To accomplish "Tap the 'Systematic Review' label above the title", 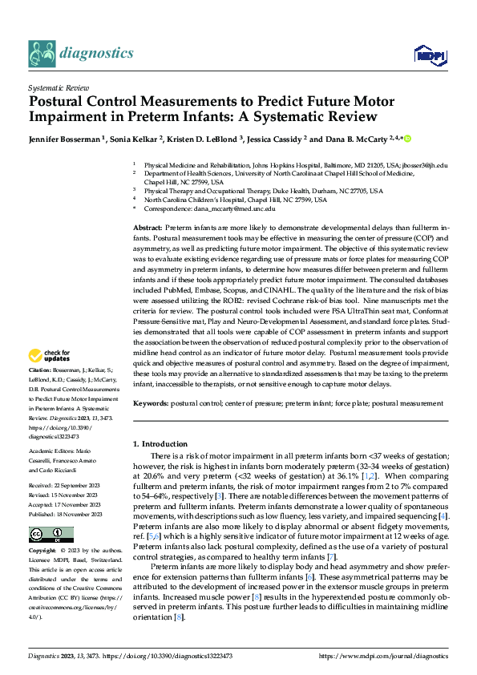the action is click(57, 87).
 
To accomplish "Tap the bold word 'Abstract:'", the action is click(149, 229).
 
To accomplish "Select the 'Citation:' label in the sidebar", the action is click(39, 370).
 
